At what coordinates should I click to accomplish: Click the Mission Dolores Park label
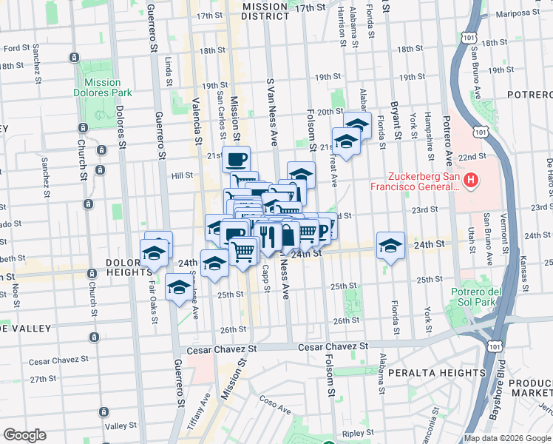[103, 87]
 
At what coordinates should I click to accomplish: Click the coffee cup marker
[237, 158]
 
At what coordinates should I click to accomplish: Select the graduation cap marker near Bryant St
[391, 245]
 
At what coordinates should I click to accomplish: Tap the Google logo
[24, 435]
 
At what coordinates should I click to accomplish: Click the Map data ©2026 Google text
[506, 438]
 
